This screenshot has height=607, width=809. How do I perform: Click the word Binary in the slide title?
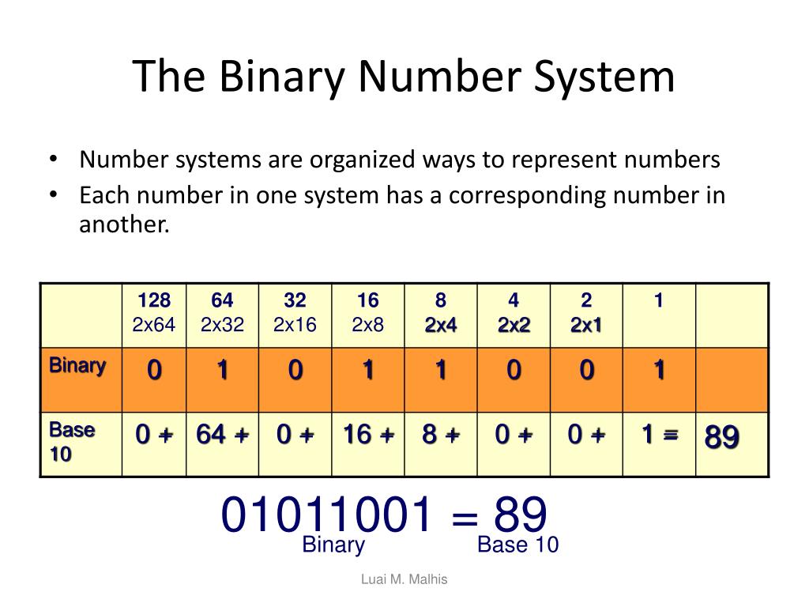coord(282,77)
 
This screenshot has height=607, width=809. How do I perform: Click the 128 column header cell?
coord(154,313)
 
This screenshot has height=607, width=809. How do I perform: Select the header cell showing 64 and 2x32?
coord(222,313)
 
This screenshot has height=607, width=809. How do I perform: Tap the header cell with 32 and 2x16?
coord(295,313)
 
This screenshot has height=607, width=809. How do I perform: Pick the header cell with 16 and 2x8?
coord(367,313)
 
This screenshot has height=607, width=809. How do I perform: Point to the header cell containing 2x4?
coord(440,313)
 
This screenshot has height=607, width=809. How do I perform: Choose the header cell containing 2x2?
coord(514,313)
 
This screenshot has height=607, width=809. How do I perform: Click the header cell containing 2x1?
coord(586,313)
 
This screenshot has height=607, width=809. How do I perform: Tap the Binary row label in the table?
coord(77,366)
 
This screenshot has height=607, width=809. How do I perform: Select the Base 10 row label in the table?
coord(72,443)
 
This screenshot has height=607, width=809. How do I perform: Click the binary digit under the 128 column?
coord(154,371)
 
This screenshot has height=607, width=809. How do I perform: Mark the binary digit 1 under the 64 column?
coord(222,371)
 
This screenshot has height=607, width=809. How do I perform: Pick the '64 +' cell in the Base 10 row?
coord(222,435)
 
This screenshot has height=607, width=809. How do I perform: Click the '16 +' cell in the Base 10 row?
coord(367,435)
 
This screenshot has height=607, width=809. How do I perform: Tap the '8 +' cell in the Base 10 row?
coord(440,435)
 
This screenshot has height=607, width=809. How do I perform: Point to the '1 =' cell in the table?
coord(659,435)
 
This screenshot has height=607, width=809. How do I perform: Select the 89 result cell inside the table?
coord(722,436)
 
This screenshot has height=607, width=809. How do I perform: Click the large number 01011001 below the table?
coord(327,515)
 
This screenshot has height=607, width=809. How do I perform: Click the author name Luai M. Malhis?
coord(404,579)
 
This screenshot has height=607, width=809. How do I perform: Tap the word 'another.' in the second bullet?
coord(125,224)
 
